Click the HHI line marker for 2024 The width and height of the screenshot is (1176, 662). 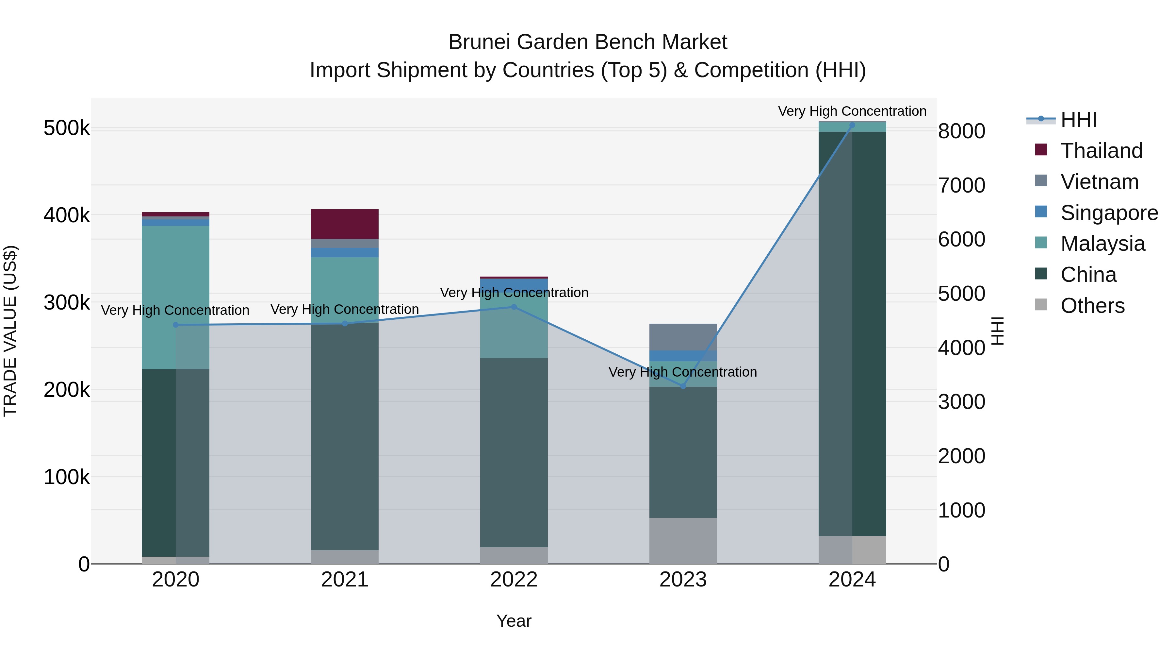852,125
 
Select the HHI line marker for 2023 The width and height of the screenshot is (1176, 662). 683,386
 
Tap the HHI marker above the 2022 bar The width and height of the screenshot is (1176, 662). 514,307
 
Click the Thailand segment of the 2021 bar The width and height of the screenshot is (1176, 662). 345,224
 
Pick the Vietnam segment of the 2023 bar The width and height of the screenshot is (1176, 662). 683,337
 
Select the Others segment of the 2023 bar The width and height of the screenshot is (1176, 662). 683,540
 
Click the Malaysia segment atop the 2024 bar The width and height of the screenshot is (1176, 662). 852,127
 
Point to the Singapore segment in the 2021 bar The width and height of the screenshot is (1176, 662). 345,253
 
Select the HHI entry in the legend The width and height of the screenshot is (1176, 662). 1078,120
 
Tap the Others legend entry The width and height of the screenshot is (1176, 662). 1092,306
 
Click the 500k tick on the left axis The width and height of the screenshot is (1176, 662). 67,128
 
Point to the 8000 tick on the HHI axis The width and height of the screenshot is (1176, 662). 961,131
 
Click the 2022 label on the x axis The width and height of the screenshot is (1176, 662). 514,580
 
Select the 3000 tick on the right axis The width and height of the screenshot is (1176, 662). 961,402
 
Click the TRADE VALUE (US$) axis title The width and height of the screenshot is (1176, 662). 10,331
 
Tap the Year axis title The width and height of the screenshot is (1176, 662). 514,621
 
